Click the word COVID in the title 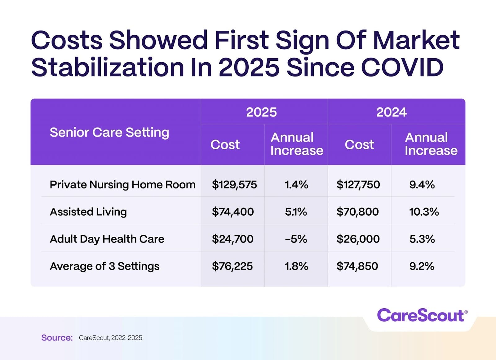(402, 67)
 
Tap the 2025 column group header (261, 112)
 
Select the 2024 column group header (391, 112)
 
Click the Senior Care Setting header (109, 133)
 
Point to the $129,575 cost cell (234, 185)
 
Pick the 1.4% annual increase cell (296, 185)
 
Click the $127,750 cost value (358, 185)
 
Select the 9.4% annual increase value (422, 185)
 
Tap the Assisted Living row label (88, 212)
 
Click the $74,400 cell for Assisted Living (233, 212)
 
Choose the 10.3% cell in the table (424, 212)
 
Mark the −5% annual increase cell (296, 239)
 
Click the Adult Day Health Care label (107, 239)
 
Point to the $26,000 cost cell (358, 239)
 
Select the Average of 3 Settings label (104, 266)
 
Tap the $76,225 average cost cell (232, 266)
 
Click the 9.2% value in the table (422, 266)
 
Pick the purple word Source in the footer (57, 338)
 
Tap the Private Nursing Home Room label (122, 185)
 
